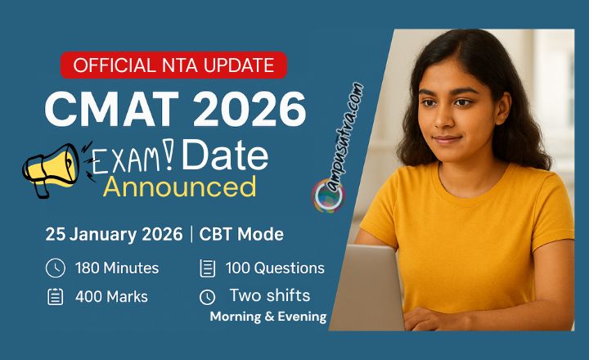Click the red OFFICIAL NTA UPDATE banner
(x=173, y=65)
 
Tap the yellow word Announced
(x=179, y=187)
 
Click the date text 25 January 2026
(x=114, y=234)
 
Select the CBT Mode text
(x=242, y=234)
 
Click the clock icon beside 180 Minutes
(x=55, y=268)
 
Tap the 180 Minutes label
(x=117, y=268)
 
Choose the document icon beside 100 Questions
(x=207, y=268)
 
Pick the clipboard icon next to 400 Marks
(x=55, y=296)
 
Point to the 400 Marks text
(x=111, y=296)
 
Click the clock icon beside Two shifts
(x=207, y=296)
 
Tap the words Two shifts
(x=270, y=295)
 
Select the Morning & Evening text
(x=268, y=317)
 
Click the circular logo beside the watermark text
(x=328, y=196)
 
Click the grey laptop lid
(x=366, y=286)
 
